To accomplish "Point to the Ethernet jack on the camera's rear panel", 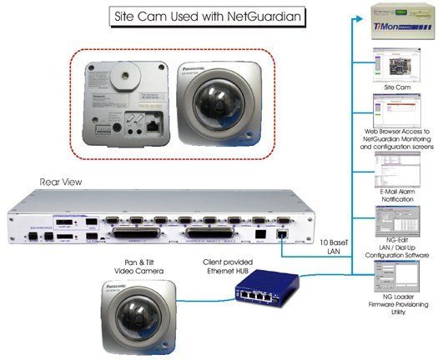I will (155, 129).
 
